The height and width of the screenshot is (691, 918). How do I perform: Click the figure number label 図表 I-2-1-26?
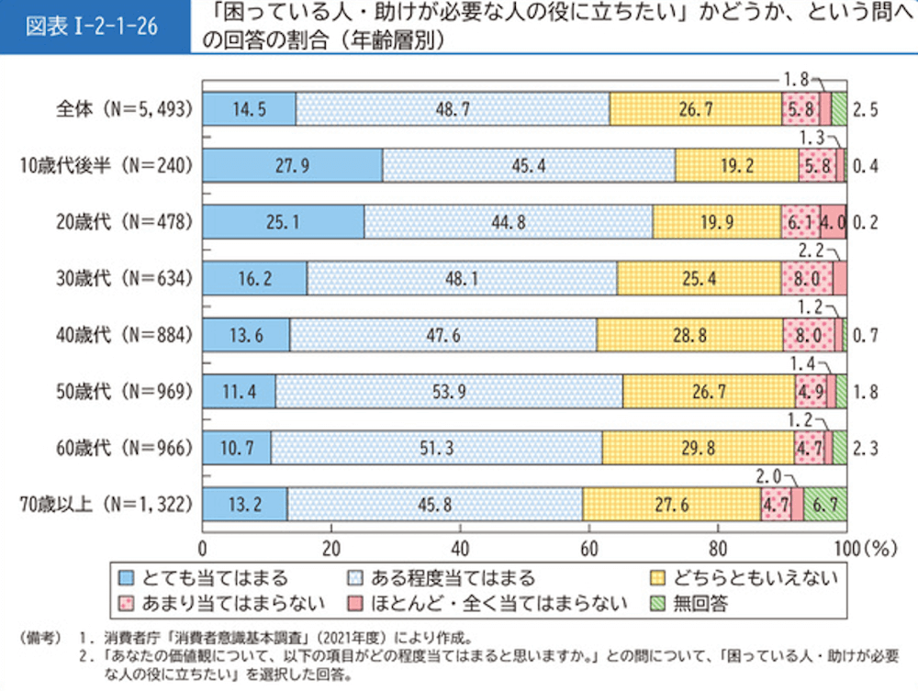click(92, 26)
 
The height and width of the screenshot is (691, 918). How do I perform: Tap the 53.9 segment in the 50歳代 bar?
click(448, 392)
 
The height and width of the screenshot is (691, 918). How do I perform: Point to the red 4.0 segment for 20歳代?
click(833, 222)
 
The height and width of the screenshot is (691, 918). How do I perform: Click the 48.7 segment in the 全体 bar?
click(453, 108)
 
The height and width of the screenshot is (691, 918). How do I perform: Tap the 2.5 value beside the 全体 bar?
click(866, 108)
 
